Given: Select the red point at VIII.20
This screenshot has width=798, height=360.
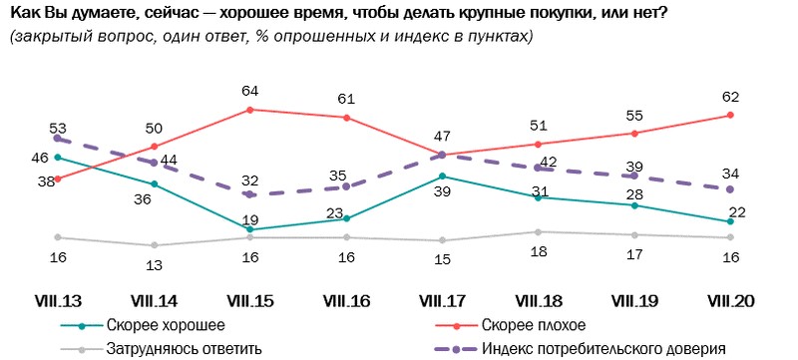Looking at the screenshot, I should tap(731, 115).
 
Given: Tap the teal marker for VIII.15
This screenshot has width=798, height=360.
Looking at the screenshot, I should tap(250, 229).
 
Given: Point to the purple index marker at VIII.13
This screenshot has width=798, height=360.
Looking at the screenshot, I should tap(58, 139).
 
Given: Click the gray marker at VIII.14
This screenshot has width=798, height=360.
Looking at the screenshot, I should tap(154, 245).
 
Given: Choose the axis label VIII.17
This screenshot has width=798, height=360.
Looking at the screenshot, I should tap(443, 299).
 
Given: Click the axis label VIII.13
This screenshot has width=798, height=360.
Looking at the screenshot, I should tap(58, 299).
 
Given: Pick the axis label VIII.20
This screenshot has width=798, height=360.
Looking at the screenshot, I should tap(731, 299).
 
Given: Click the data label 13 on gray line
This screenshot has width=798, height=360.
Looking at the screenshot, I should tap(154, 264).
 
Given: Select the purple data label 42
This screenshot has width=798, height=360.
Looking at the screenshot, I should tap(547, 161).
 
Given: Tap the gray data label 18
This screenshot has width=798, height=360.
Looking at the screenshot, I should tap(539, 253).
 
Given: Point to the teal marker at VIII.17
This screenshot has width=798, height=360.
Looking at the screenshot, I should tap(443, 177).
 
